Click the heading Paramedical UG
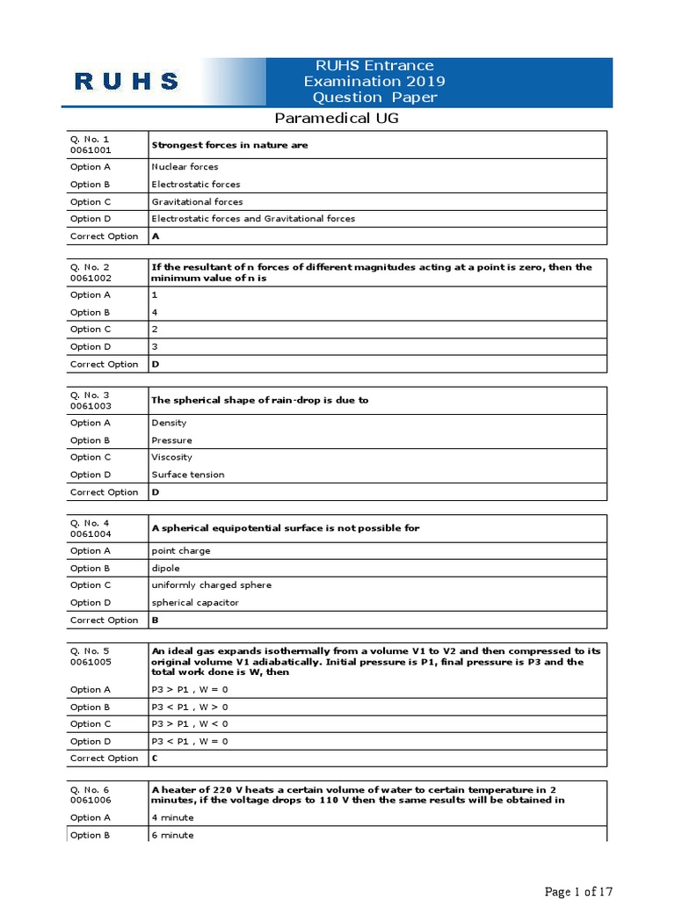tap(337, 118)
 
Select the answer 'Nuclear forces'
tap(185, 167)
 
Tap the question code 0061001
tap(91, 150)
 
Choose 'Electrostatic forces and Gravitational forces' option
tap(253, 219)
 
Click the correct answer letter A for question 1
tap(156, 236)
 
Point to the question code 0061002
tap(91, 278)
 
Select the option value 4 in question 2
tap(155, 312)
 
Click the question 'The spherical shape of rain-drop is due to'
tap(259, 400)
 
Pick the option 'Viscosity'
tap(171, 457)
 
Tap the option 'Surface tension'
tap(187, 475)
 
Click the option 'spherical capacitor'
tap(195, 603)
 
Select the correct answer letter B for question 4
tap(156, 620)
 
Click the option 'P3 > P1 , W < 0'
tap(189, 724)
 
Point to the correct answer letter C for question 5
tap(156, 758)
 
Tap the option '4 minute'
tap(172, 817)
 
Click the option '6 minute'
tap(172, 835)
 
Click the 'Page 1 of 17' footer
tap(578, 892)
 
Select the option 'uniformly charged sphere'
tap(211, 585)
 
